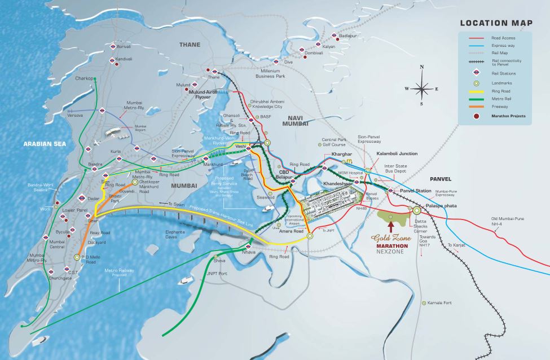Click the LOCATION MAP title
coord(496,23)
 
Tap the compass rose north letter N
coord(421,67)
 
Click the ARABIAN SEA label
coord(45,144)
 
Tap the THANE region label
coord(190,44)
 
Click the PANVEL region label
coord(442,179)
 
